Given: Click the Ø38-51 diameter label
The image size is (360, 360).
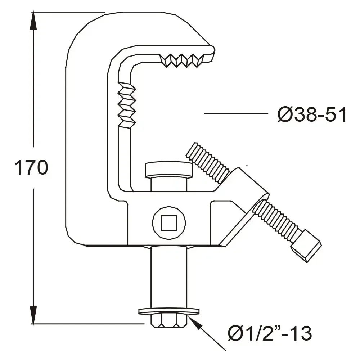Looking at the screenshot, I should (x=312, y=116).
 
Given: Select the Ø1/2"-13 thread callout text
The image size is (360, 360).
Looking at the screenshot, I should (x=270, y=333).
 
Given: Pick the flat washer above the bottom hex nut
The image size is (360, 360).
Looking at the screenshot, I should (x=168, y=311).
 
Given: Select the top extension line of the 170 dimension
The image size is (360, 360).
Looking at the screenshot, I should (x=68, y=12).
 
